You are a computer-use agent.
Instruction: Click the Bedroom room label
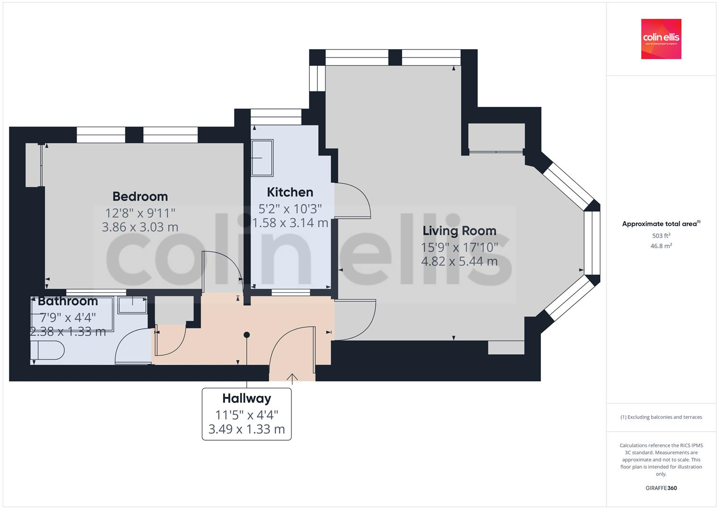(140, 196)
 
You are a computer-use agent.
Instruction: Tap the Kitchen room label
(290, 192)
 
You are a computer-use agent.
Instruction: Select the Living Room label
(459, 231)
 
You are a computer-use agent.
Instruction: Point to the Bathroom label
(68, 301)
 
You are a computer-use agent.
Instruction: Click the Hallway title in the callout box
(246, 399)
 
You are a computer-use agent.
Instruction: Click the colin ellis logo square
(661, 39)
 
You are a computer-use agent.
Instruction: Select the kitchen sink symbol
(262, 157)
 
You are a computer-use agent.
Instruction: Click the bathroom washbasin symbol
(132, 304)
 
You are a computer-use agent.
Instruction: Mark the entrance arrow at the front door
(292, 377)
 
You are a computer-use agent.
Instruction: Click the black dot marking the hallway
(246, 335)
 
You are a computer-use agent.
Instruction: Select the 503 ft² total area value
(661, 236)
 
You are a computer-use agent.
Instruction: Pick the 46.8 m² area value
(661, 246)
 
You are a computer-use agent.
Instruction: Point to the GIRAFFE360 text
(661, 488)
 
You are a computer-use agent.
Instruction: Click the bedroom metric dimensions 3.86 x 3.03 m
(140, 227)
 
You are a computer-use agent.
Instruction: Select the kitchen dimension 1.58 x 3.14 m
(290, 223)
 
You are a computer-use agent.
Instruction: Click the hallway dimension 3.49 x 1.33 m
(246, 429)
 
